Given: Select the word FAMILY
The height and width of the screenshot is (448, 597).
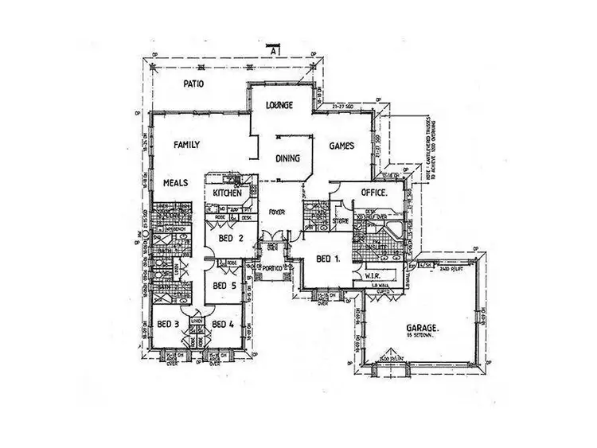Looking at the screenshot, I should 186,145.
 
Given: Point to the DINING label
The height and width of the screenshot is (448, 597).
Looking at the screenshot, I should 287,158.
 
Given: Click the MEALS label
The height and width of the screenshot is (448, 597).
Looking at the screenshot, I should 176,182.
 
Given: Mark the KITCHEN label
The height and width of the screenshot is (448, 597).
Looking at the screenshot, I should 228,193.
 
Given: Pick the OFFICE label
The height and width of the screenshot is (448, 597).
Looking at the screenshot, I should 373,193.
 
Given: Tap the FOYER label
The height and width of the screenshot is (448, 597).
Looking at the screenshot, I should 277,212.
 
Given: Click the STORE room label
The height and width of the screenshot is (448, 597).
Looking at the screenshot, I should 341,222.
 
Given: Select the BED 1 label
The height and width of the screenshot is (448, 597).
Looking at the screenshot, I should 329,259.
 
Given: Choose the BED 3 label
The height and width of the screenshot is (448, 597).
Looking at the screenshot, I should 167,323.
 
